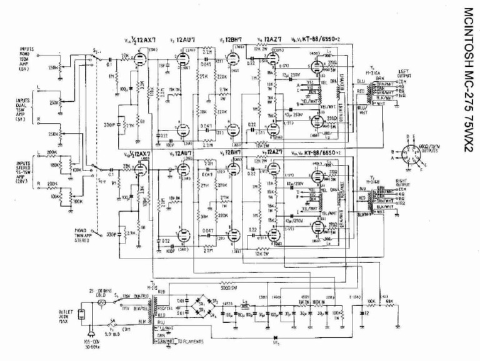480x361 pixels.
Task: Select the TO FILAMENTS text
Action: click(188, 342)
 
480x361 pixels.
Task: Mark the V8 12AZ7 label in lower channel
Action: click(269, 152)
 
